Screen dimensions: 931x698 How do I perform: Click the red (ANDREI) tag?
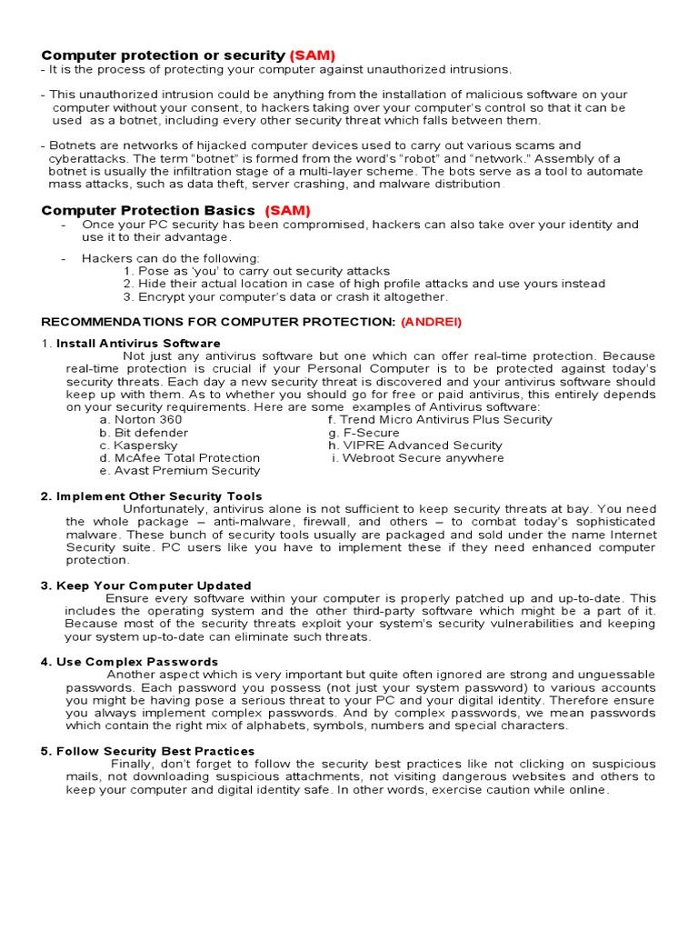(x=432, y=323)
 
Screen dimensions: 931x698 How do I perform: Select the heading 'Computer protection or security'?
(x=164, y=56)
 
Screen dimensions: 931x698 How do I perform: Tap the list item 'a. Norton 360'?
(x=141, y=420)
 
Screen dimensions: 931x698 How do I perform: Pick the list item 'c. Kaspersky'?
(x=138, y=445)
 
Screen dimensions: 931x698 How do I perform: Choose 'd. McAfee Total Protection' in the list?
(x=180, y=458)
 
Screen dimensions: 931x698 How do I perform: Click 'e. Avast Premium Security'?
(x=180, y=471)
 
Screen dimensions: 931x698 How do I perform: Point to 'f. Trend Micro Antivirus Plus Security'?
(x=440, y=420)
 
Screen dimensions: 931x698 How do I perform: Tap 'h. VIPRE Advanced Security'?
(x=415, y=445)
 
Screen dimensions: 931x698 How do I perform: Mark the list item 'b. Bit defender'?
(x=144, y=433)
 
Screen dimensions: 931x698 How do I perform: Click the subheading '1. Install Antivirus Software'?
(x=131, y=344)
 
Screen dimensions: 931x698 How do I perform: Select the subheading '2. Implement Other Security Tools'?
(x=143, y=496)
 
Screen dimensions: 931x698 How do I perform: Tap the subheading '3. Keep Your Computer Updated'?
(x=146, y=586)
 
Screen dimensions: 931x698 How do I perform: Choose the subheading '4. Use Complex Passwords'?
(x=130, y=662)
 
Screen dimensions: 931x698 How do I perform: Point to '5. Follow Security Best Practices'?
(x=148, y=751)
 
